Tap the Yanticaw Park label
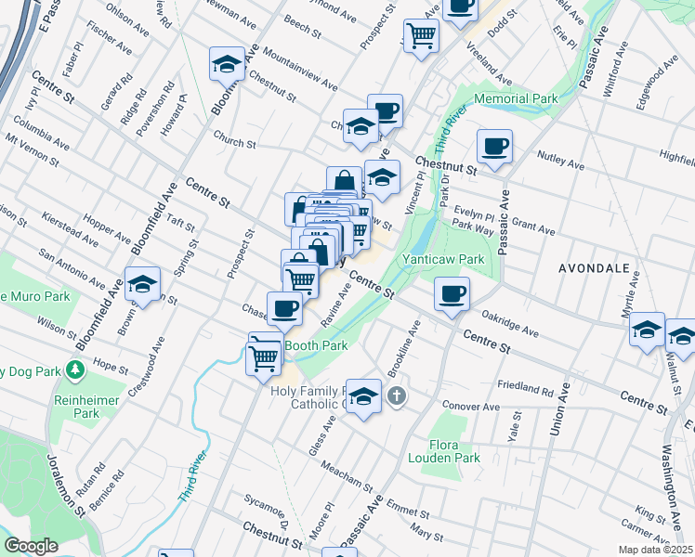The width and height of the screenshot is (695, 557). tap(441, 260)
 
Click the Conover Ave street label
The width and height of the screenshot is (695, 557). tap(471, 407)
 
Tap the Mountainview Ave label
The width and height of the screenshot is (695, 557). tap(299, 67)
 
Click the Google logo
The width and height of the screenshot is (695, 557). tap(31, 546)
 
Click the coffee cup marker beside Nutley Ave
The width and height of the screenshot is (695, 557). tap(494, 146)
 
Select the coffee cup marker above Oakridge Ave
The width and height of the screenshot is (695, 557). tap(452, 294)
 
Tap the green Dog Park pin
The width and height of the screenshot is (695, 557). tap(75, 371)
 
